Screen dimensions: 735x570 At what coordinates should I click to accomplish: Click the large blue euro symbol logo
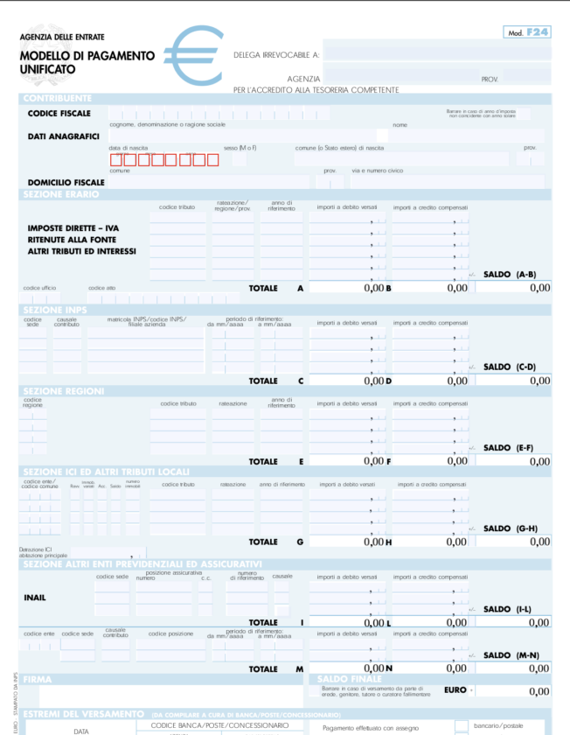(x=193, y=54)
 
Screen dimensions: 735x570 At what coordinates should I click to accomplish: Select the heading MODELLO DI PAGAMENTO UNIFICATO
(x=87, y=61)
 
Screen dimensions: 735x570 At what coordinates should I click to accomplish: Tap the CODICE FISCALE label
(x=59, y=114)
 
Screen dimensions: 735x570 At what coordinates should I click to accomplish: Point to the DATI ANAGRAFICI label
(x=63, y=136)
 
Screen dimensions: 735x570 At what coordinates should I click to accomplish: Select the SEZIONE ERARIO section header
(x=61, y=194)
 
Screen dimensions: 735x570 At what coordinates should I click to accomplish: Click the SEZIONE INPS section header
(x=56, y=310)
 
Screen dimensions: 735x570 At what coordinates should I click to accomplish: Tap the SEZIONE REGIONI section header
(x=64, y=390)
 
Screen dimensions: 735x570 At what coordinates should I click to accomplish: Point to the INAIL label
(x=35, y=598)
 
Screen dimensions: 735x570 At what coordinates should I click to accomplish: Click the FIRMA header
(x=38, y=679)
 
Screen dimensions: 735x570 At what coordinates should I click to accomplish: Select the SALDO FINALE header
(x=350, y=679)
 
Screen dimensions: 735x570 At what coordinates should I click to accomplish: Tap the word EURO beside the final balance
(x=455, y=689)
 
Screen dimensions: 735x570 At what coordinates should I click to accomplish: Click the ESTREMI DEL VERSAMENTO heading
(x=84, y=713)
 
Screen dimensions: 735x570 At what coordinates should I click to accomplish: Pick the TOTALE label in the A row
(x=263, y=288)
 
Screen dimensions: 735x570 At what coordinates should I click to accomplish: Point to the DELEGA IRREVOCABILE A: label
(x=276, y=55)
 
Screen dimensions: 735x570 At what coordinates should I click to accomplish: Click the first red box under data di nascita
(x=115, y=159)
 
